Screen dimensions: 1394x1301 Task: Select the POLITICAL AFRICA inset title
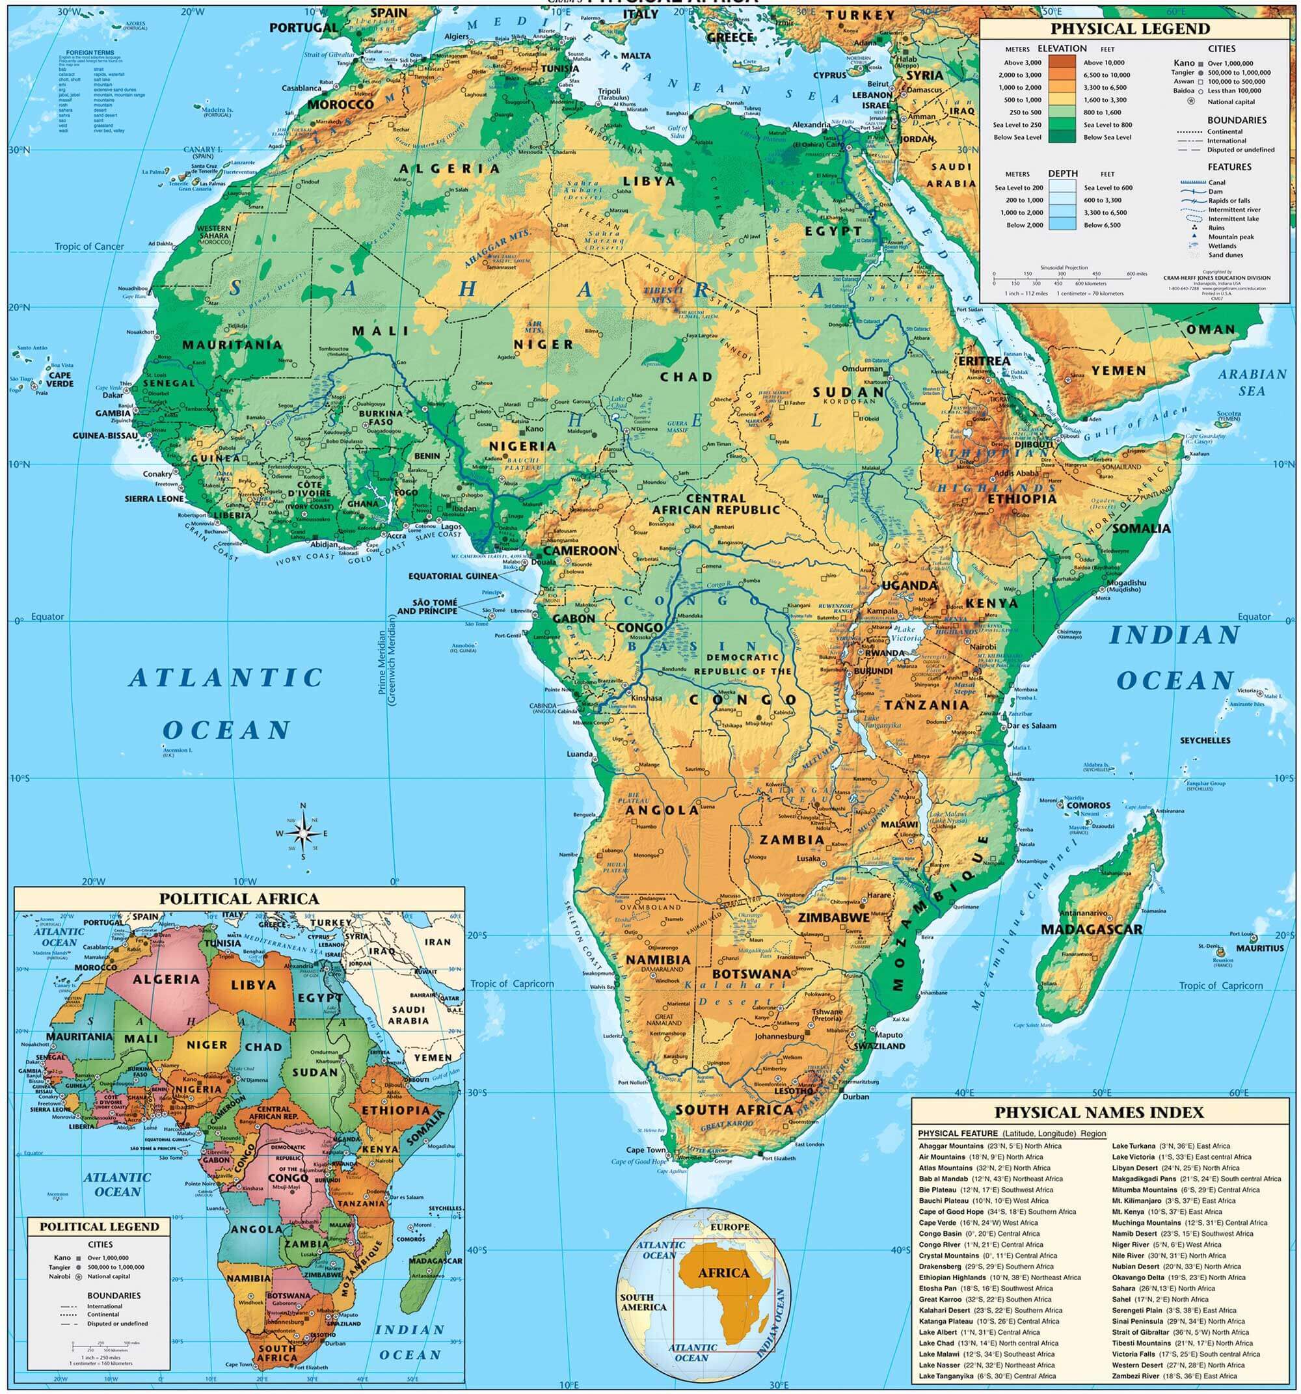click(x=239, y=899)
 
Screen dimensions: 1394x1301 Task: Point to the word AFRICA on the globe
click(x=723, y=1273)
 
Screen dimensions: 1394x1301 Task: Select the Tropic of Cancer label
click(x=89, y=246)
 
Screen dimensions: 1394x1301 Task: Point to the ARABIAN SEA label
click(x=1252, y=381)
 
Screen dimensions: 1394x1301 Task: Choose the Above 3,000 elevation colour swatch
click(x=1061, y=62)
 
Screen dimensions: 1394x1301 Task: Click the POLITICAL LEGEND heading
click(x=100, y=1227)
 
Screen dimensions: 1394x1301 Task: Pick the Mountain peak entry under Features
click(x=1226, y=237)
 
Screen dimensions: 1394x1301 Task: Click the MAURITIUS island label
click(x=1259, y=948)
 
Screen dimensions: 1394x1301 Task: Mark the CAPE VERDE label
click(x=60, y=379)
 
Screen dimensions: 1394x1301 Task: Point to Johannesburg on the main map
click(x=779, y=1036)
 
